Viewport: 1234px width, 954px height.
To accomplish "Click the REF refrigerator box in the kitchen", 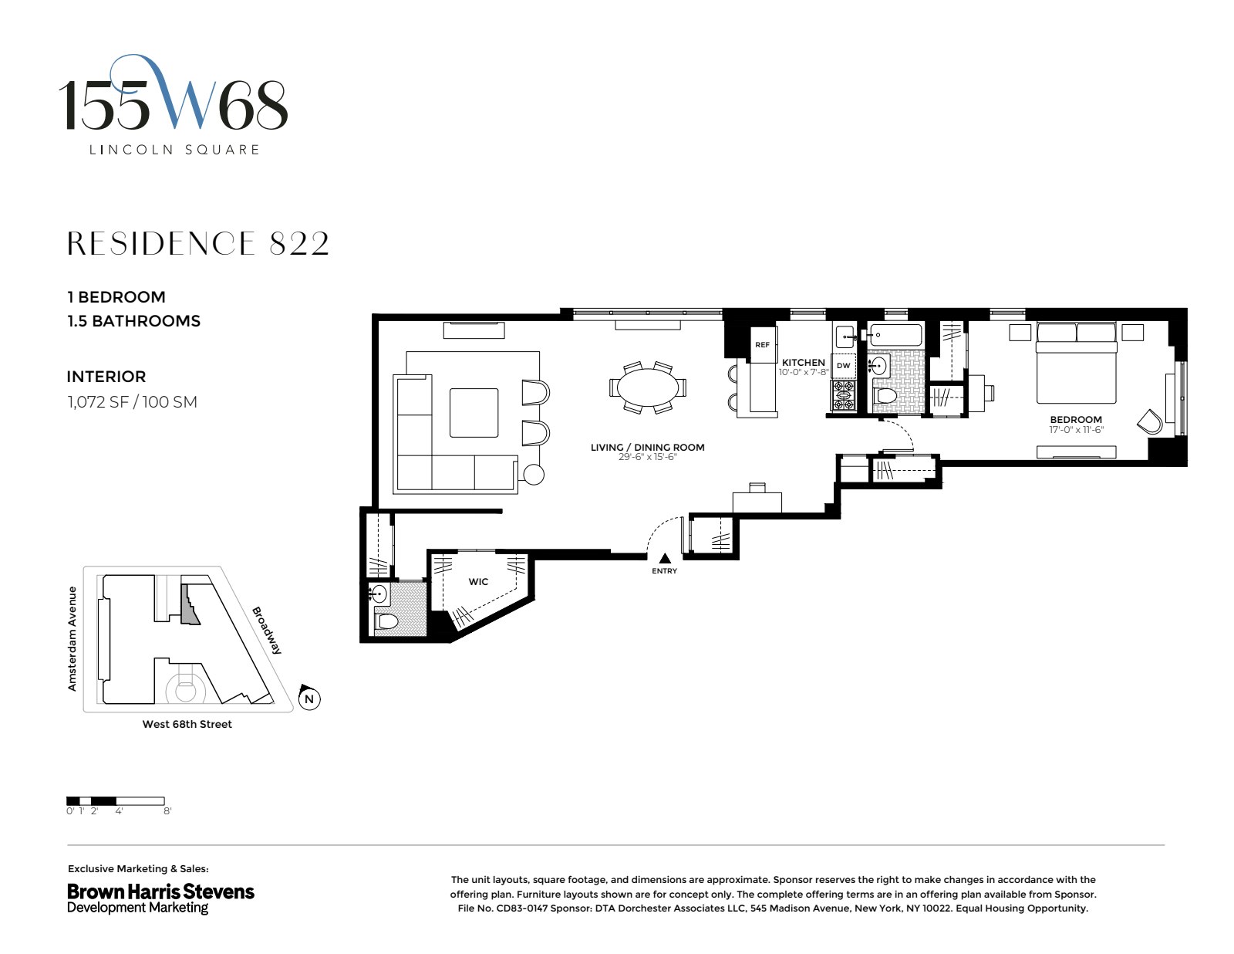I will click(x=762, y=345).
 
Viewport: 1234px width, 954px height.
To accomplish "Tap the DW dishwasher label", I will click(x=843, y=366).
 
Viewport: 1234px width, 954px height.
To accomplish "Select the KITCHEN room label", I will click(x=803, y=362).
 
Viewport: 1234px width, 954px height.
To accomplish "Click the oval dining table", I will click(x=647, y=387).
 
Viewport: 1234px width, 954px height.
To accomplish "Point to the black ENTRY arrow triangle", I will click(x=664, y=558).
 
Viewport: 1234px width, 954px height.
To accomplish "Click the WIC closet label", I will click(x=478, y=581).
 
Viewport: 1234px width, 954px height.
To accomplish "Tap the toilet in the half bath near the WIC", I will click(x=386, y=621).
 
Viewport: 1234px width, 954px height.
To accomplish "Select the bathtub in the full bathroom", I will click(x=895, y=335).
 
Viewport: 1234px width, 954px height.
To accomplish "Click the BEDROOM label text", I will click(x=1075, y=420).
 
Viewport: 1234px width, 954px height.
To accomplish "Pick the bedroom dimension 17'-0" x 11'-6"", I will click(x=1075, y=430).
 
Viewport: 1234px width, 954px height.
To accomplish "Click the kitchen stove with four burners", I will click(x=843, y=394).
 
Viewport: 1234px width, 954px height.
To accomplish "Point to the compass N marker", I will click(x=309, y=699).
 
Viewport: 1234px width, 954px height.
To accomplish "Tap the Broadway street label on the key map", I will click(x=267, y=630).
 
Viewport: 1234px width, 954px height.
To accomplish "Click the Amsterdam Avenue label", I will click(x=72, y=638).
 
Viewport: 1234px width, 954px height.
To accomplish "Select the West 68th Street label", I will click(x=187, y=724).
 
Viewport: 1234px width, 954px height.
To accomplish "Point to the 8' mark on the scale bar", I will click(x=167, y=811).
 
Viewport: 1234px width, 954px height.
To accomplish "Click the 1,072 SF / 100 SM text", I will click(x=132, y=401).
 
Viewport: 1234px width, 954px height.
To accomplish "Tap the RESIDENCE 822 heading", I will click(x=198, y=244).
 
